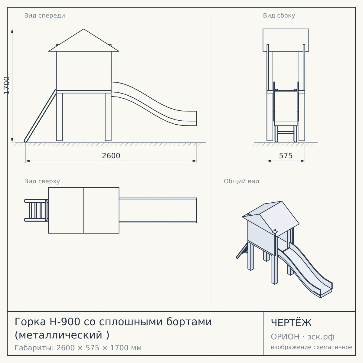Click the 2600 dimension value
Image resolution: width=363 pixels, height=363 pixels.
(111, 156)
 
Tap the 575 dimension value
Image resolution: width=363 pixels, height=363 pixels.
(286, 156)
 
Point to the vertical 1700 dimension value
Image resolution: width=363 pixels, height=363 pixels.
(7, 85)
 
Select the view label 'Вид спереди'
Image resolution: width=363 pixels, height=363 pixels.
(45, 15)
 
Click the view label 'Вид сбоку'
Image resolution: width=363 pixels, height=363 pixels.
(279, 15)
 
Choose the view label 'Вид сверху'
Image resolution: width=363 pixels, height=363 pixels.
(42, 181)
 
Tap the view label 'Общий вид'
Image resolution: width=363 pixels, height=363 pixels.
(241, 181)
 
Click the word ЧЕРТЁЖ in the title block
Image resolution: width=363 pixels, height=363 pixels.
(291, 323)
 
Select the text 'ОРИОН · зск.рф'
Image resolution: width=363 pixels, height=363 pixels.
(302, 337)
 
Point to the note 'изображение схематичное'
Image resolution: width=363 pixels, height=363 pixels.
(312, 347)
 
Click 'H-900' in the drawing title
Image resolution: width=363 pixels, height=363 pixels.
(65, 322)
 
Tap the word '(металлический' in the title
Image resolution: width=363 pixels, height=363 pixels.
(58, 335)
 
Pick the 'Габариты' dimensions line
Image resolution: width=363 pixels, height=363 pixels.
(78, 348)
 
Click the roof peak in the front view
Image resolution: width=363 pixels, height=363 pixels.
(83, 29)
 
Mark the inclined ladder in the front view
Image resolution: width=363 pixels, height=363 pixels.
(40, 116)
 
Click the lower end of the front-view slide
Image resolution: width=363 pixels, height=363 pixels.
(196, 118)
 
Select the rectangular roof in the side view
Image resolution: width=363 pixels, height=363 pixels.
(286, 40)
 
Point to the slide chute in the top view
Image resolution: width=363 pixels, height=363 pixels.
(158, 211)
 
